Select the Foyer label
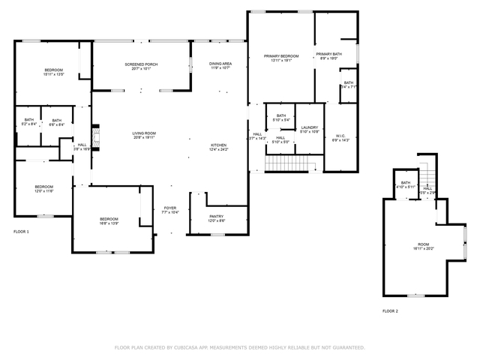(169, 210)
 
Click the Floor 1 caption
(21, 232)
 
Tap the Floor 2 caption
(390, 310)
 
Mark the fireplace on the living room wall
(94, 133)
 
